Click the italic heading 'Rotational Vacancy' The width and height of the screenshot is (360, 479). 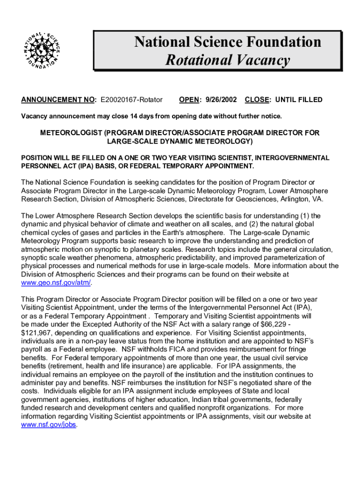tap(228, 60)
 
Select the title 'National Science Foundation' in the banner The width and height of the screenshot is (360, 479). tap(228, 42)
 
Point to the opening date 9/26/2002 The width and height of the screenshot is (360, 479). tap(220, 100)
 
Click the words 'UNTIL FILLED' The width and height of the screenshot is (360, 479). tap(299, 100)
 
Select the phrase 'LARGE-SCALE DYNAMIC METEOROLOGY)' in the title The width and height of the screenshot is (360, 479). tap(180, 141)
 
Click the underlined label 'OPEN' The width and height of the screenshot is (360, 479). tap(190, 100)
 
